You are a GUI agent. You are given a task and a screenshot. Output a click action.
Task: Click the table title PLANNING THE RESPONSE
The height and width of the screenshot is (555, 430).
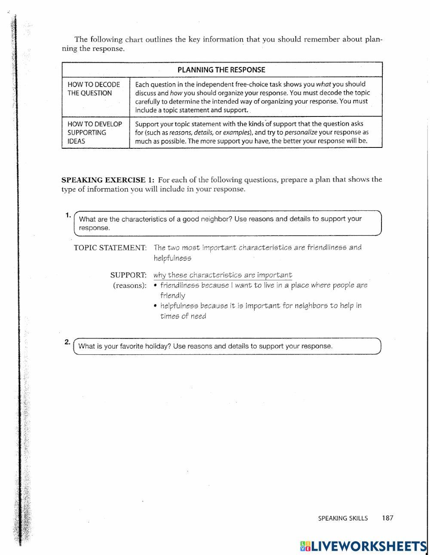coord(221,70)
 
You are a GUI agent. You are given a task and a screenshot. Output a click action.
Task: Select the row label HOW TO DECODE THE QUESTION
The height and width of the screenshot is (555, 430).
coord(94,89)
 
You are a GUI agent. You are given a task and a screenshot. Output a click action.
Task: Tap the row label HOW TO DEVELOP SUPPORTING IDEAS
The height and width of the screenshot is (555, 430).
coord(95,132)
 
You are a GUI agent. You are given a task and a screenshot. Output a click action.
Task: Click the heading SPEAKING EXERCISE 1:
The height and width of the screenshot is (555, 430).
coord(108,180)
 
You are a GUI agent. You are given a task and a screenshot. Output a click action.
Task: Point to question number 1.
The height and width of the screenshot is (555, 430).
coord(68,215)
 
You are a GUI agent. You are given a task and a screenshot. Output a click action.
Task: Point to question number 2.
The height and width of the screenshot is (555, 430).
coord(68,342)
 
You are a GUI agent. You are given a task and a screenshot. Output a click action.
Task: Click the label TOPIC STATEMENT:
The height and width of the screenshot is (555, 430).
coord(110,248)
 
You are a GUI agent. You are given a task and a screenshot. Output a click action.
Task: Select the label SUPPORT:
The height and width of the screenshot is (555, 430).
coord(128,275)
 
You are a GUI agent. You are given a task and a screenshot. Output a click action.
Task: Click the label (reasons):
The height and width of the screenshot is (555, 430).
coord(129,285)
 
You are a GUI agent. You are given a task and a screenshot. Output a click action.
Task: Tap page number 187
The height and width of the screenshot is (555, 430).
coord(387,518)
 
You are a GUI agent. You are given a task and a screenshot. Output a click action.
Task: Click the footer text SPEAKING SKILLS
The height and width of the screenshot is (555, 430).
coord(343,518)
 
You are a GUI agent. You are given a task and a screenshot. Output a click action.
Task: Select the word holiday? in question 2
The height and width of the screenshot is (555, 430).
coord(158,346)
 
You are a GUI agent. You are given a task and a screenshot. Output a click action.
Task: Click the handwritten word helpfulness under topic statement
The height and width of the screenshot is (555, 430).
coord(172,258)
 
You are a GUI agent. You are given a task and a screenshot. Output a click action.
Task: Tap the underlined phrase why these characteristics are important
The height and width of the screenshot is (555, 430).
coord(223,275)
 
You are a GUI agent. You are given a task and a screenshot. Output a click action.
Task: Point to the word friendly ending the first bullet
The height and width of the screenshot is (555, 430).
coord(173,296)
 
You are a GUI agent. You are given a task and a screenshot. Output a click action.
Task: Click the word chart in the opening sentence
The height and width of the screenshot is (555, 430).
coord(134,40)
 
